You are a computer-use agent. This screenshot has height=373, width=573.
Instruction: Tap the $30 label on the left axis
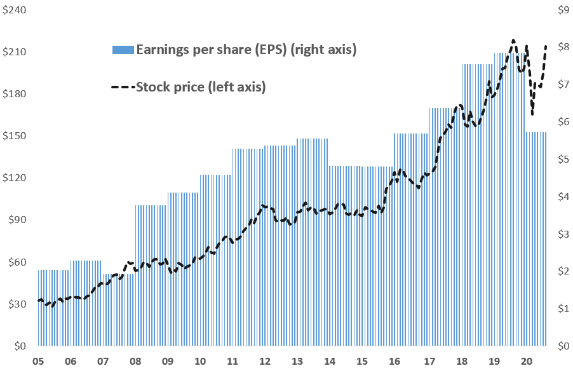15,304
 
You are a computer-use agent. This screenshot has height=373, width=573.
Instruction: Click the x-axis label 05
38,361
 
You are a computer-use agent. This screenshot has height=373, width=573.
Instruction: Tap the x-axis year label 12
265,361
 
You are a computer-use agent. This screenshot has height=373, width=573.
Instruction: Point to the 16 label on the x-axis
394,361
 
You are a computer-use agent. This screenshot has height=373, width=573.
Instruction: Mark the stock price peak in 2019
513,40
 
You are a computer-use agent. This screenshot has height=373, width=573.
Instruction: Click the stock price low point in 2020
532,114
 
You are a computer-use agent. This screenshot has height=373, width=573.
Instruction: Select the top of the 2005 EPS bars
53,271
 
